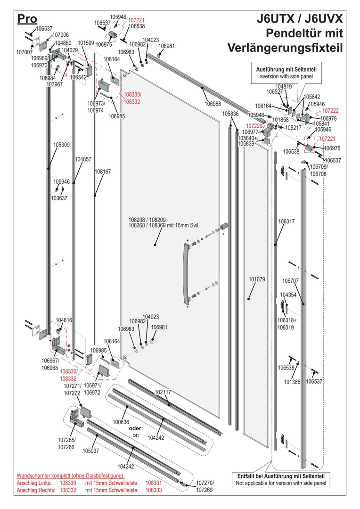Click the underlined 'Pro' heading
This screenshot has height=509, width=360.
(x=27, y=18)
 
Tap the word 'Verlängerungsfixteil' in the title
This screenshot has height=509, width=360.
(x=285, y=48)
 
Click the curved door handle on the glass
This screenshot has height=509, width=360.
(x=185, y=274)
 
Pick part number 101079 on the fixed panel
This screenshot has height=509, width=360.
(x=257, y=279)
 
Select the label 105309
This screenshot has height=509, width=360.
(x=61, y=145)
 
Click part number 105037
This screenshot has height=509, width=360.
(x=91, y=451)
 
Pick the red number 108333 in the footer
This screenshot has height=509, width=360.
(x=154, y=491)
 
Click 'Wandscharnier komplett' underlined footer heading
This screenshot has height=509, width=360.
(x=50, y=476)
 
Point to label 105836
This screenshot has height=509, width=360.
(x=230, y=114)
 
